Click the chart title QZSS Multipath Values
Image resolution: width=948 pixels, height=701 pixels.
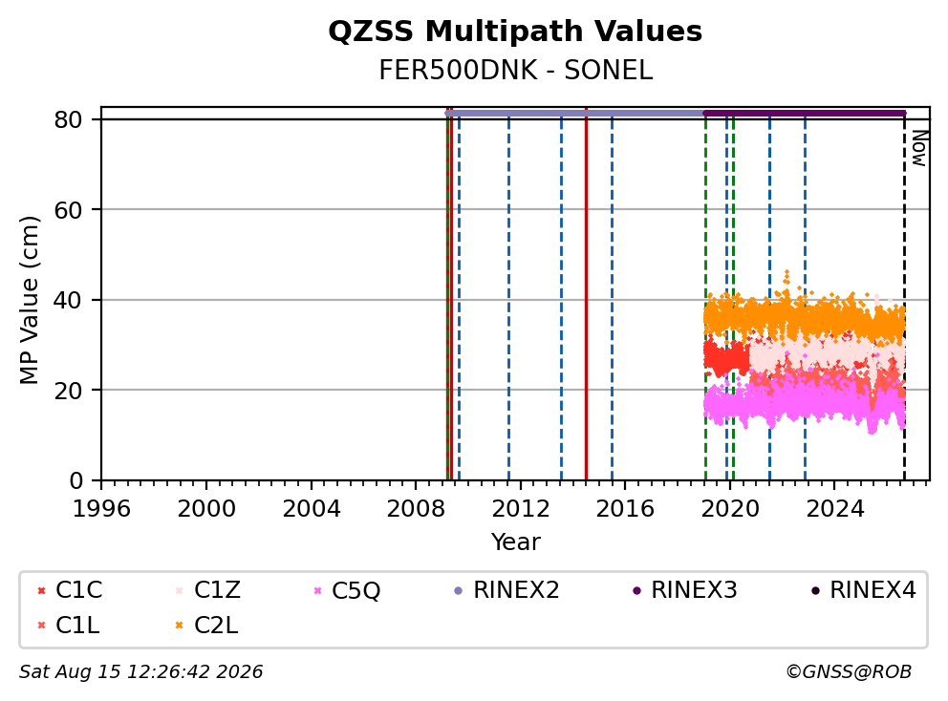point(515,32)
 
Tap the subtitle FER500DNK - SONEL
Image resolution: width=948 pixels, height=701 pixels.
point(515,71)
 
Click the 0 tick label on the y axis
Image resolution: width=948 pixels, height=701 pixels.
point(75,481)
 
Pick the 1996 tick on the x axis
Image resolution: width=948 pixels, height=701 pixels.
point(101,509)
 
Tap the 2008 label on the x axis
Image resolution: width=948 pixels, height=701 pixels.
point(416,509)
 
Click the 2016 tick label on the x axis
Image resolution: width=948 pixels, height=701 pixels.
point(625,509)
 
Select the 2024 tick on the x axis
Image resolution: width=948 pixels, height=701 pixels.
point(835,509)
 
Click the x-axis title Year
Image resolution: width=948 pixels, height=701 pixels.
point(515,542)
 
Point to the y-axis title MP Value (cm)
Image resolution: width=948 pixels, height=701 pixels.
point(29,300)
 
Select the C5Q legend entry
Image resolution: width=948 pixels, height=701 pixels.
point(347,590)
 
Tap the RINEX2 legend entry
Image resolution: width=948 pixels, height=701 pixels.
point(506,590)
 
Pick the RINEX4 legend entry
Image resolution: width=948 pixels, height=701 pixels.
point(863,590)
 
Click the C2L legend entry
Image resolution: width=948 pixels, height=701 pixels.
point(206,626)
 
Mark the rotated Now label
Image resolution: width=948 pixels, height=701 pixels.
point(919,149)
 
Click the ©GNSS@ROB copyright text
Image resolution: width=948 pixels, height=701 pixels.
point(849,672)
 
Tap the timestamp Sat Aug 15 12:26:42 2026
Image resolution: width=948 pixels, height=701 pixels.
point(140,672)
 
